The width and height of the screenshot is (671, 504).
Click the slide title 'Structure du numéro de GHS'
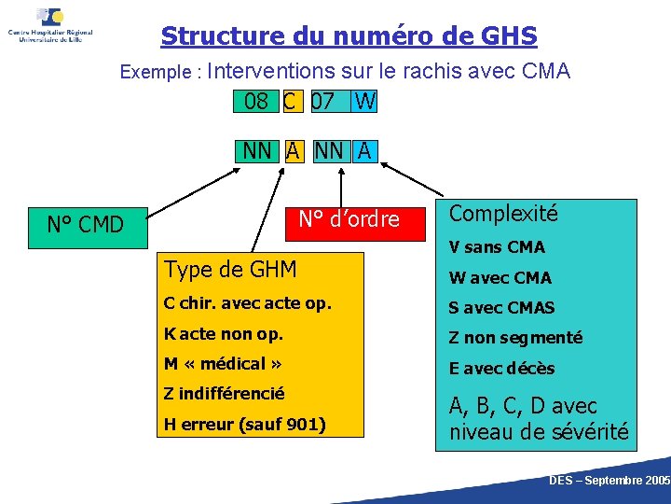pos(349,36)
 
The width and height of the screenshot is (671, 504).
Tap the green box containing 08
pos(255,101)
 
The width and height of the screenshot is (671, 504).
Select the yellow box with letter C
pos(292,101)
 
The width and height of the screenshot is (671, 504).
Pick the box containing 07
pos(325,101)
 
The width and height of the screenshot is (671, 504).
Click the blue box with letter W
pos(364,101)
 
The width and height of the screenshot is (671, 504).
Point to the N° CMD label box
pos(86,224)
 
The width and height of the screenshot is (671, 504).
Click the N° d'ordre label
pos(348,220)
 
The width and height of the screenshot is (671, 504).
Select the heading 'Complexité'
pos(503,214)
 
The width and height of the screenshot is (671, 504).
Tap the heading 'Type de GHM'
pos(230,270)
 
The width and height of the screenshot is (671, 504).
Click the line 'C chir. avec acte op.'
pos(247,303)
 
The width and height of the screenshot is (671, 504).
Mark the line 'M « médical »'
pos(223,363)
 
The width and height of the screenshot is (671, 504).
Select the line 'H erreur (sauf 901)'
pos(245,425)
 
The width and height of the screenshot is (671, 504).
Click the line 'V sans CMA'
pos(497,247)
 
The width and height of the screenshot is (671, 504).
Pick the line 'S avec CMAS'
pos(501,307)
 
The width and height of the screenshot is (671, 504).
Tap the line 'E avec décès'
pos(501,368)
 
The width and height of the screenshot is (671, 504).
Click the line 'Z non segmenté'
pos(515,338)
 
